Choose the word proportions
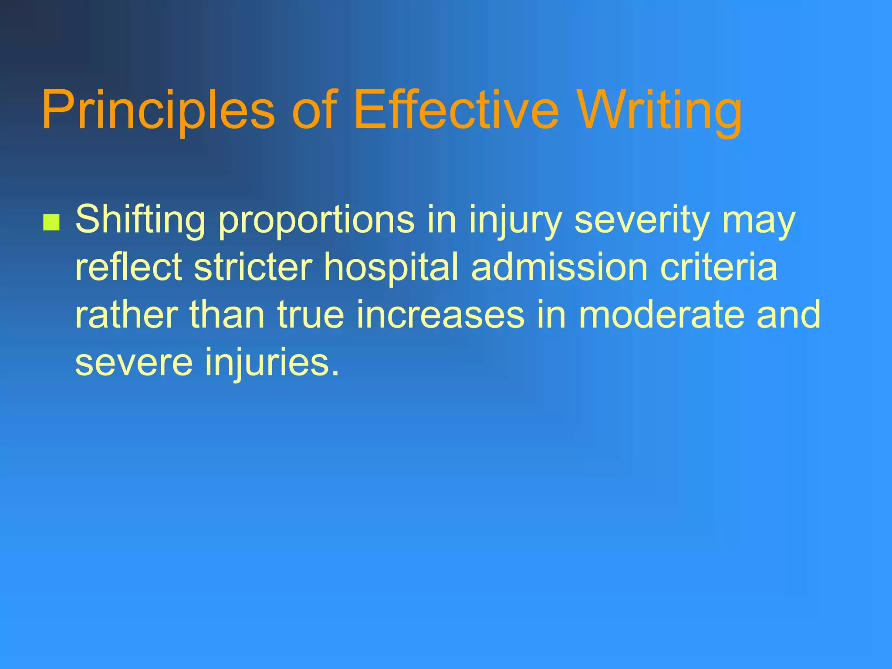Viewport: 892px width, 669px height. coord(316,220)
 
